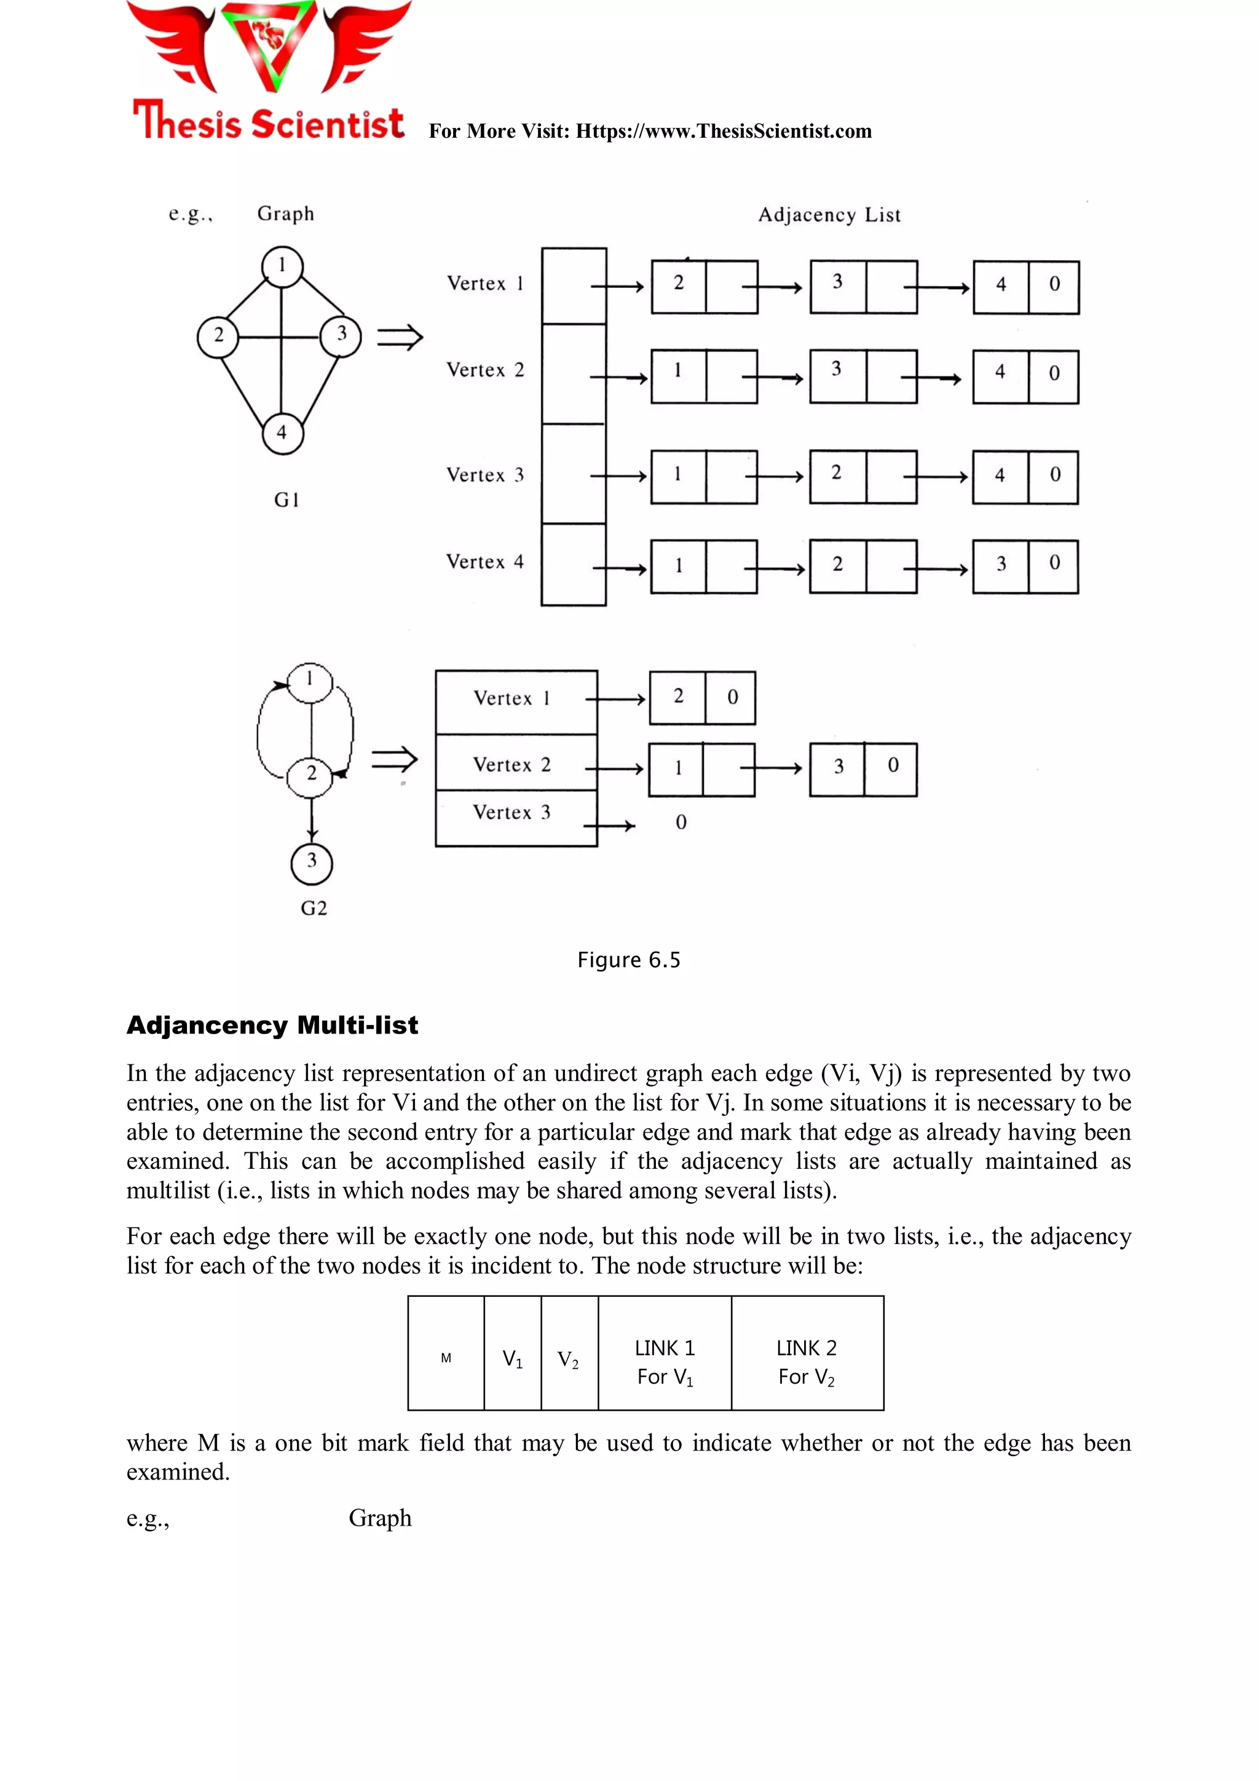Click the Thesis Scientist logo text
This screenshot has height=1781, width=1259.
point(268,122)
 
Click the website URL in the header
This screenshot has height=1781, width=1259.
point(724,131)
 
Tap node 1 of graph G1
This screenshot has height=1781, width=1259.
point(282,265)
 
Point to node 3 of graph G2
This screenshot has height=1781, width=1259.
point(312,862)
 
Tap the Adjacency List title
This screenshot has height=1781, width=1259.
point(829,215)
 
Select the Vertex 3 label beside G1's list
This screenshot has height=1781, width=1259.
point(485,475)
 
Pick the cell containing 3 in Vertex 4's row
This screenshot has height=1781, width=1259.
point(1001,565)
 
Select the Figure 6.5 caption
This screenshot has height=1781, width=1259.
point(629,960)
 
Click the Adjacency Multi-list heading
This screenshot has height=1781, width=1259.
point(272,1026)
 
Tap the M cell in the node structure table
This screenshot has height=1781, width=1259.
point(446,1358)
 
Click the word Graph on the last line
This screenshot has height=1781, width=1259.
point(380,1518)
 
